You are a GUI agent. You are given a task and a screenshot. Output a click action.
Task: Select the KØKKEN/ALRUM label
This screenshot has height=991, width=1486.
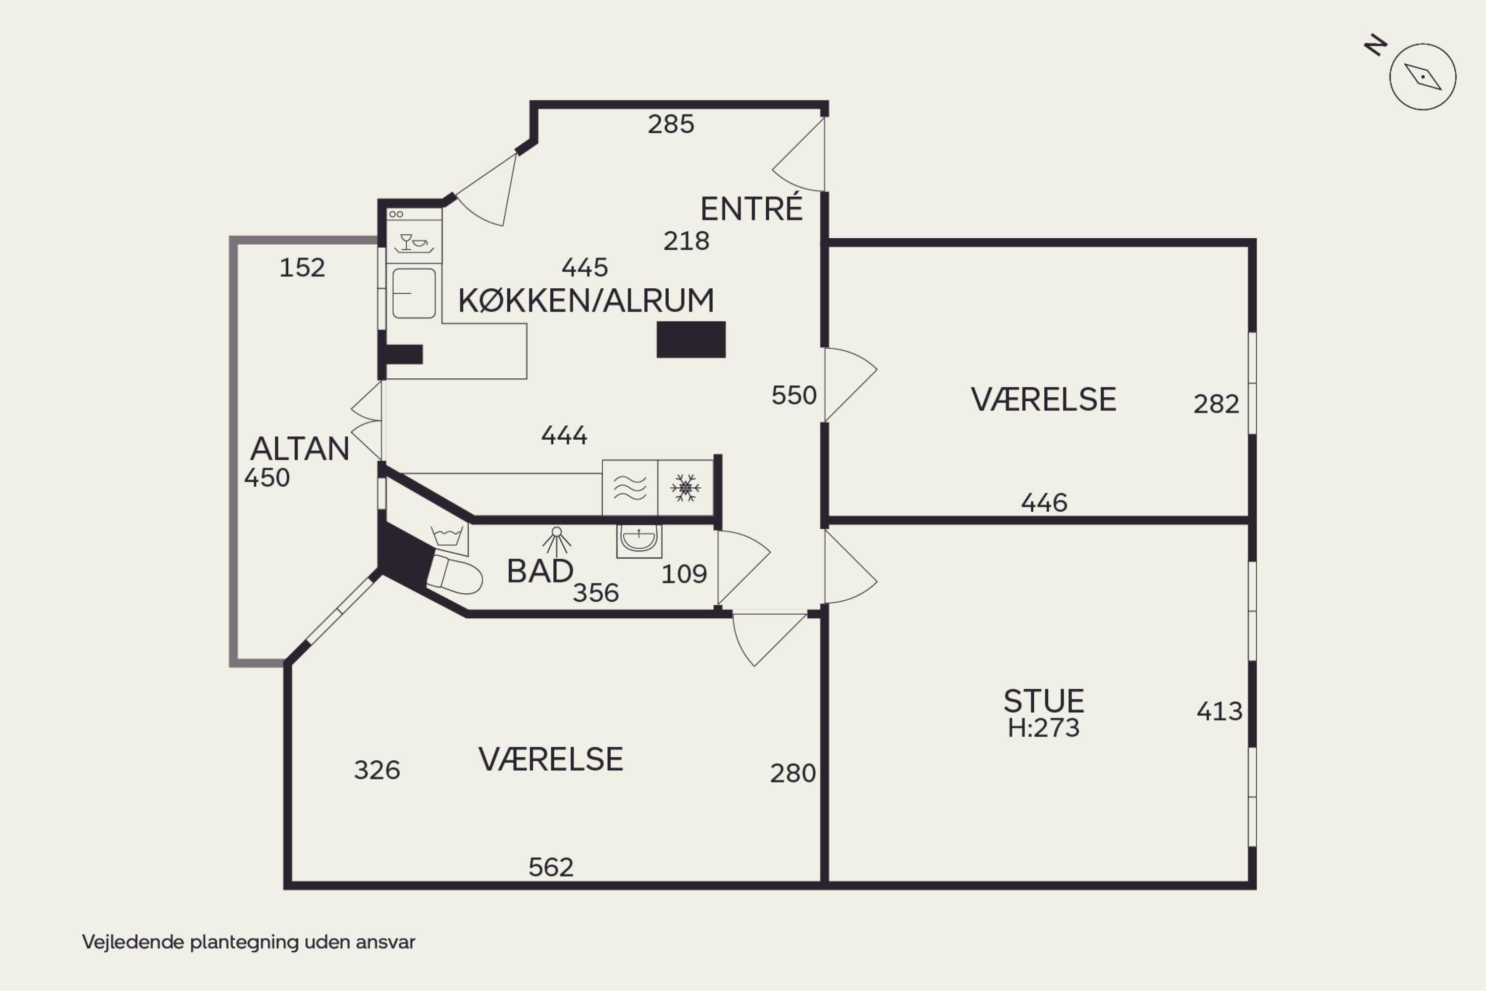click(x=586, y=300)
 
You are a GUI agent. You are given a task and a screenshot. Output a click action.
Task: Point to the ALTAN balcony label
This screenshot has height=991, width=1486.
click(x=300, y=449)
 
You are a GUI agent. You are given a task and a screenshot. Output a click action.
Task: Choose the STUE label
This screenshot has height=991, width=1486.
click(x=1044, y=701)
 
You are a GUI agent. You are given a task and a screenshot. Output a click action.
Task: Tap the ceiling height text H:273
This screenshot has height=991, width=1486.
click(x=1044, y=728)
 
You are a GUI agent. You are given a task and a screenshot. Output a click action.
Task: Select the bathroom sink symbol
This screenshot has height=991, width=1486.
click(x=639, y=540)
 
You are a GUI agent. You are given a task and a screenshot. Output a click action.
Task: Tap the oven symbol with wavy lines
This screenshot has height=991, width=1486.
click(x=630, y=487)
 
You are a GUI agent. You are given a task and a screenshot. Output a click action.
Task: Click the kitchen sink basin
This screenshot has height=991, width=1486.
click(x=414, y=293)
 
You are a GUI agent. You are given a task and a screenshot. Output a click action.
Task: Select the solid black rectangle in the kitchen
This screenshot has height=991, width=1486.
click(x=691, y=339)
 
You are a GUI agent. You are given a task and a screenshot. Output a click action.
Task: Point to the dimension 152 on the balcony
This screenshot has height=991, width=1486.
click(x=302, y=267)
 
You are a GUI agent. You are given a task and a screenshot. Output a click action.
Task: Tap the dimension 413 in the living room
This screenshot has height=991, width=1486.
click(x=1220, y=712)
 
